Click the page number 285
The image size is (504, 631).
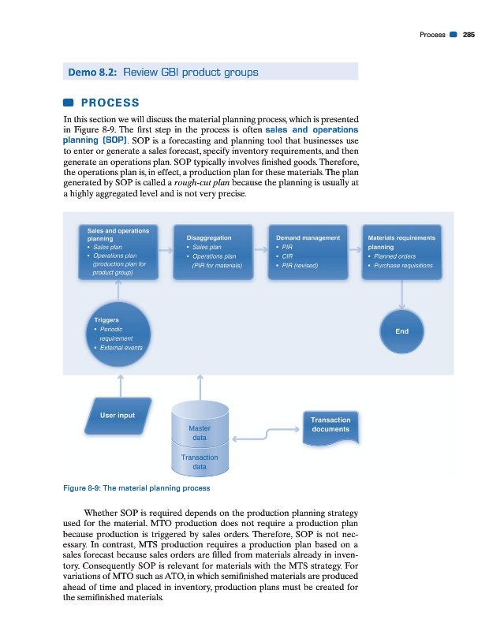[x=469, y=35]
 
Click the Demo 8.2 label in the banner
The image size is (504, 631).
[x=93, y=73]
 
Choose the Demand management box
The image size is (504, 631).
[x=308, y=252]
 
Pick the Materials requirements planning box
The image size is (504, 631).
[x=401, y=252]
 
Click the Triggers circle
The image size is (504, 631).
[x=120, y=334]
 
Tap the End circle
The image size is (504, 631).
[x=401, y=331]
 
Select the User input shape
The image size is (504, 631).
[x=118, y=416]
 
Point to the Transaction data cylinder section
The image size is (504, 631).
[x=200, y=461]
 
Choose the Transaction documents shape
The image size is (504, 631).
[x=330, y=426]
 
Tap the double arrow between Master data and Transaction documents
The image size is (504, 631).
[x=264, y=433]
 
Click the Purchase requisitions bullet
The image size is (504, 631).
[x=404, y=265]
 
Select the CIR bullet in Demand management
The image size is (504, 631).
[x=287, y=256]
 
